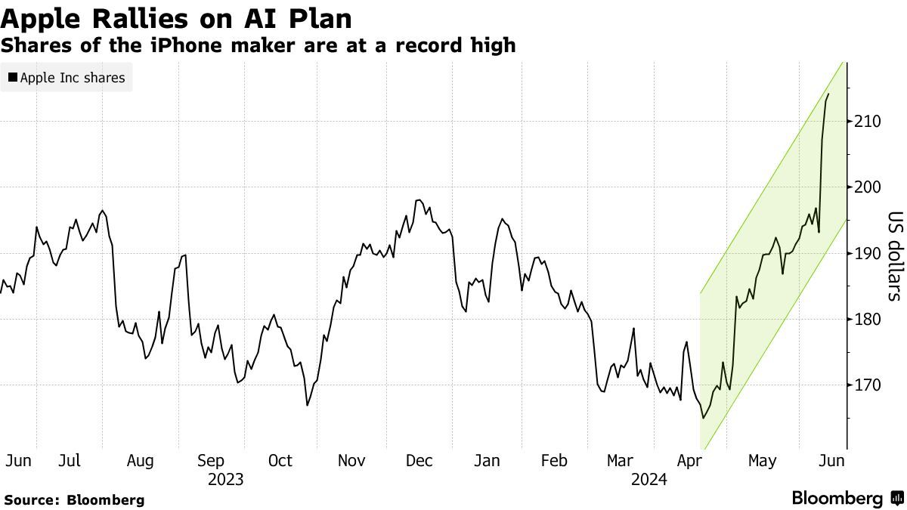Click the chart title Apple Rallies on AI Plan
coord(176,17)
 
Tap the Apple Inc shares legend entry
coord(67,77)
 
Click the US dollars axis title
coord(893,255)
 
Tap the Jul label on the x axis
coord(70,460)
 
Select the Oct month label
coord(280,460)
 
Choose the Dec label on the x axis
coord(419,460)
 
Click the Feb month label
coord(555,460)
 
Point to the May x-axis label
coord(762,460)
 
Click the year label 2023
coord(225,479)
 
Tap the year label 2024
coord(649,479)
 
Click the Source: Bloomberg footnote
coord(73,499)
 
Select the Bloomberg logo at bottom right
coord(847,499)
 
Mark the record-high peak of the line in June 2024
coord(828,94)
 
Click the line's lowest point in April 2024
coord(703,418)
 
